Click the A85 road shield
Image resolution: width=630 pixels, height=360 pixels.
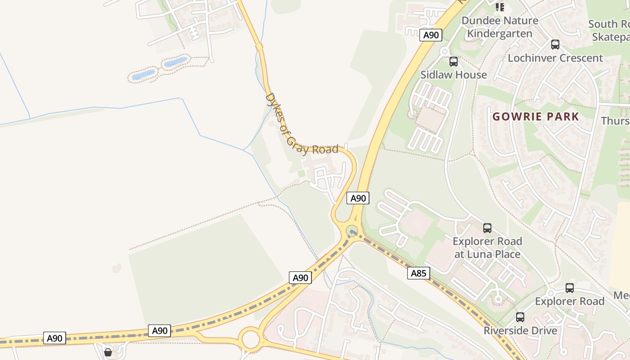tap(418, 273)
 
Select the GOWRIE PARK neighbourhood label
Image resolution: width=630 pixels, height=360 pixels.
tap(535, 117)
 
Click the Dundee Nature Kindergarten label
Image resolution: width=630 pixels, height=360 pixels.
tap(499, 27)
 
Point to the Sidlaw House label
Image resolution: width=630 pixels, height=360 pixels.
tap(454, 75)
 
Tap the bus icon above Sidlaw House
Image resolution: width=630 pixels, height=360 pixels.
tap(454, 62)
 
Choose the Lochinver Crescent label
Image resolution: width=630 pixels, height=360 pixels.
tap(555, 58)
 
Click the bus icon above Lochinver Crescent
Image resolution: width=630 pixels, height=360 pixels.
tap(555, 45)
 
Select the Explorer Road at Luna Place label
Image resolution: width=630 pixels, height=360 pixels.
tap(487, 247)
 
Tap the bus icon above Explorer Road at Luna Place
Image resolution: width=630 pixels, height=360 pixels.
tap(487, 228)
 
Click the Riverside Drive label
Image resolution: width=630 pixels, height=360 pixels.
tap(520, 331)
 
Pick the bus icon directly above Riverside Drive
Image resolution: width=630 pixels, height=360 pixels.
tap(520, 317)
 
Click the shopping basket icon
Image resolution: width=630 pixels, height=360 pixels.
tap(108, 352)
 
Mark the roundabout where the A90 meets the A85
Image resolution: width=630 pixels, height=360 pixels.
tap(352, 232)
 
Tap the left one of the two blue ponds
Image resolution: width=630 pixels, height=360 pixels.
tap(143, 74)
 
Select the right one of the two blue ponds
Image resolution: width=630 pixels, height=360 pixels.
tap(175, 62)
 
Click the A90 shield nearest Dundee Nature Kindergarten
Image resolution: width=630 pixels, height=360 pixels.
tap(431, 35)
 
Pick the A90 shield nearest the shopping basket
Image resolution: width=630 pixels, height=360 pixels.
tap(54, 338)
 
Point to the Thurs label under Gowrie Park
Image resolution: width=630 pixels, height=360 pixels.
tap(615, 121)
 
